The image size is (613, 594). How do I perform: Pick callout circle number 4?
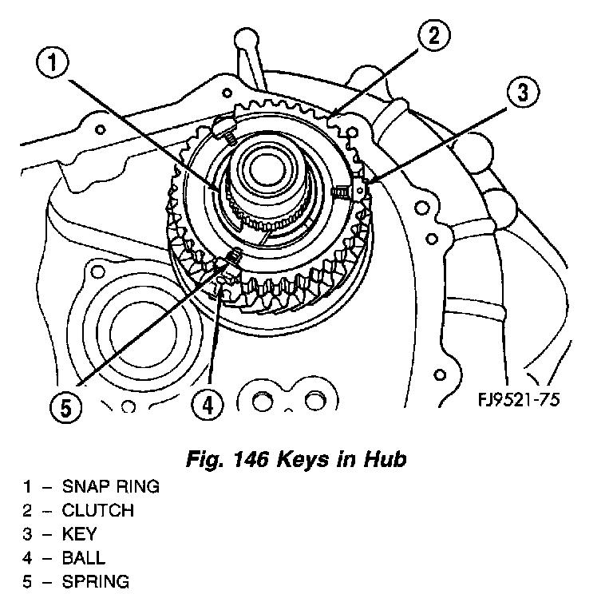coord(207,406)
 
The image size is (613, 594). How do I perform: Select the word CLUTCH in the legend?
coord(98,511)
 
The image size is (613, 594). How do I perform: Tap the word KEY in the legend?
coord(77,535)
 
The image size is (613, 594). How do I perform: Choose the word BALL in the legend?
coord(83,558)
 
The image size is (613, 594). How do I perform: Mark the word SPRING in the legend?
coord(95,582)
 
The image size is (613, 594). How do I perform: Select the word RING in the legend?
coord(136,487)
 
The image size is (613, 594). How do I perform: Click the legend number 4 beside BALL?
coord(26,558)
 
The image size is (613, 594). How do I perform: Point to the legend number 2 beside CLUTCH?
coord(26,511)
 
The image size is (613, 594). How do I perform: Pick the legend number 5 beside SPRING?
coord(26,582)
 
